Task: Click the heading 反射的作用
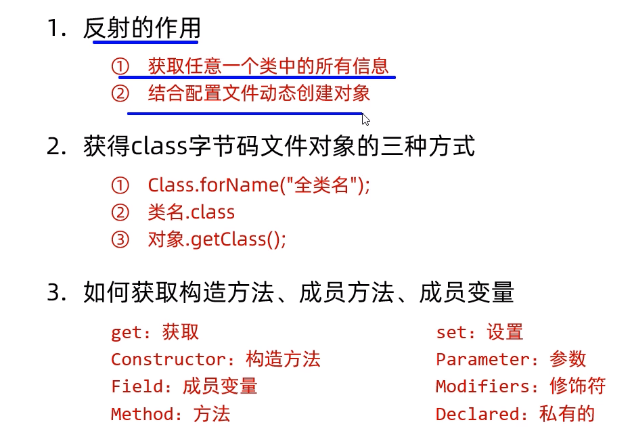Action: tap(141, 29)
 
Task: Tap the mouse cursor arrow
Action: tap(365, 120)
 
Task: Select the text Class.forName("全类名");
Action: tap(258, 185)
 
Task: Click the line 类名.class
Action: tap(191, 212)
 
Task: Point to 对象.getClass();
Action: tap(217, 239)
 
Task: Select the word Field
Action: tap(138, 386)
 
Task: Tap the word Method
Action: tap(141, 413)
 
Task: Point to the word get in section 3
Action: tap(126, 332)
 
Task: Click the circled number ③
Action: tap(120, 239)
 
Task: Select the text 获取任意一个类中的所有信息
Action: tap(269, 66)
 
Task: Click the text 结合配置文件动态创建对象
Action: tap(259, 93)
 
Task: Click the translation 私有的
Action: tap(567, 413)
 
